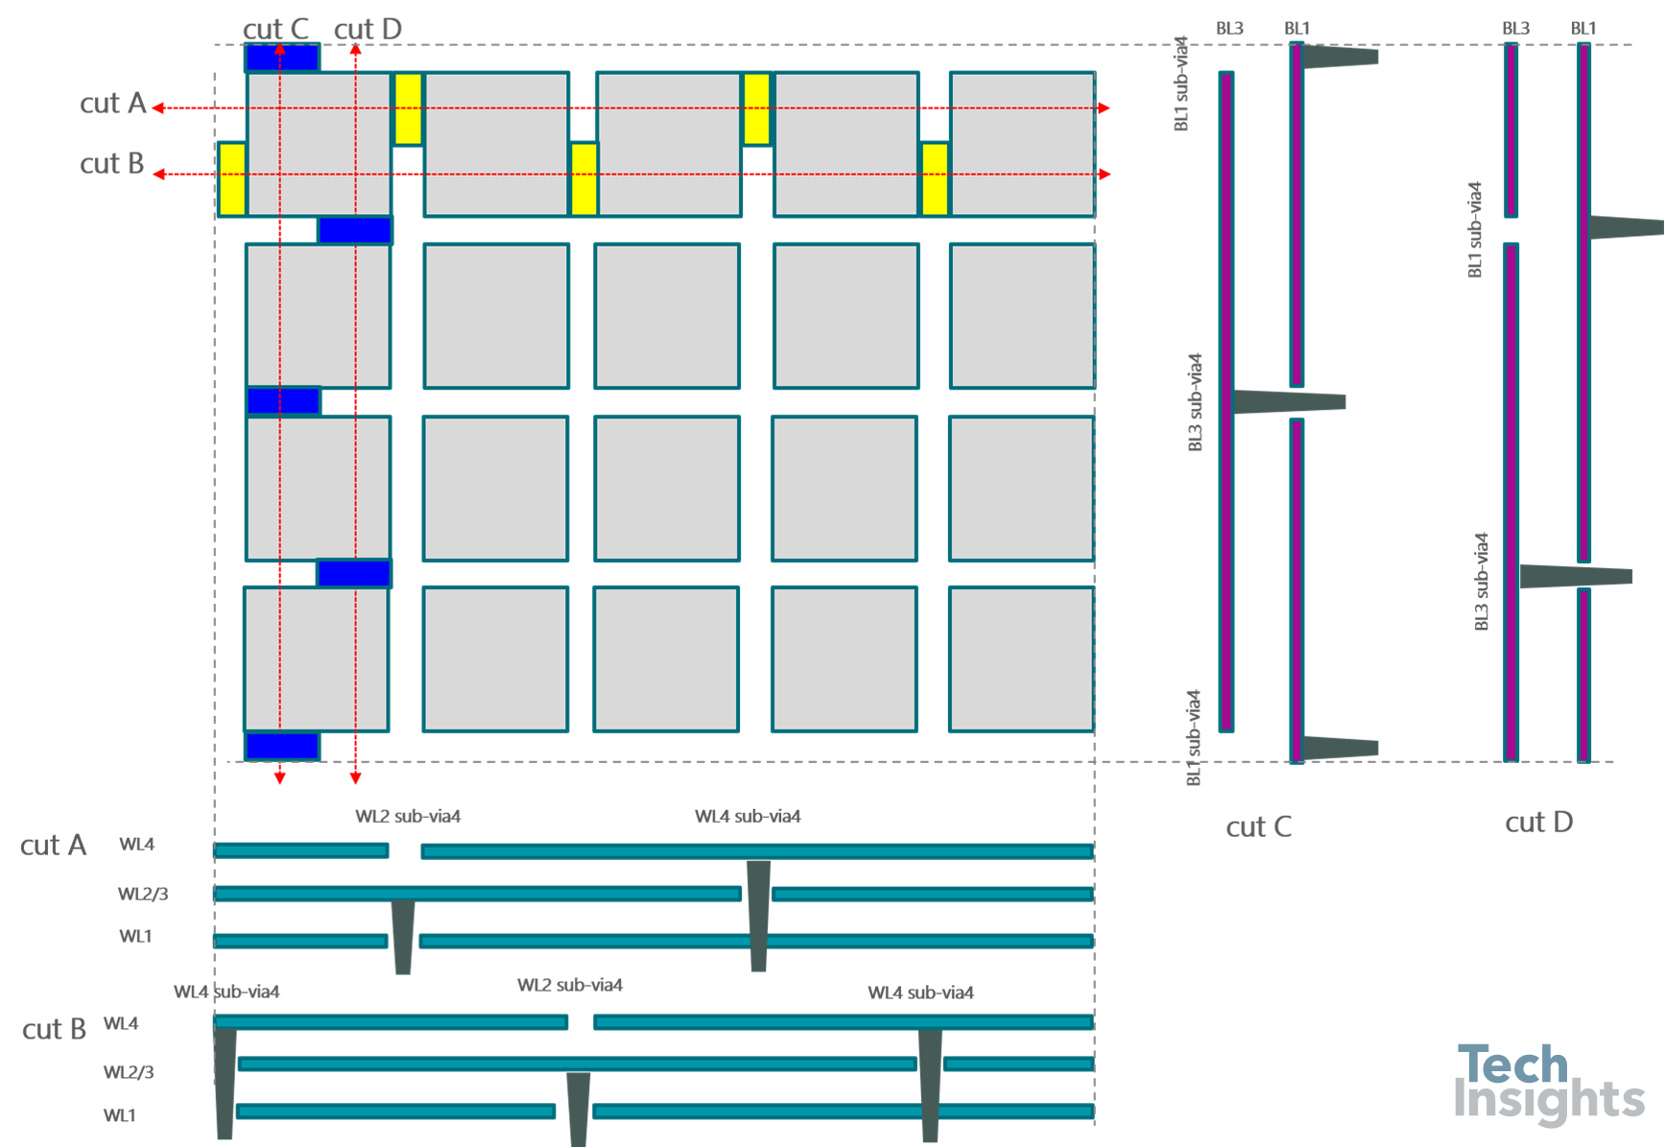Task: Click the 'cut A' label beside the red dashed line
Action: (x=112, y=104)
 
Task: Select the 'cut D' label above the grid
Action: (x=368, y=30)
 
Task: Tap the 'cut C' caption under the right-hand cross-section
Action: (x=1258, y=827)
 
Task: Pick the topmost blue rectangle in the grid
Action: (x=281, y=58)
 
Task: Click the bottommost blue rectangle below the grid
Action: (x=282, y=746)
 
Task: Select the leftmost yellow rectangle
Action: (x=232, y=179)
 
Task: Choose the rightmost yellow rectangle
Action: (x=935, y=179)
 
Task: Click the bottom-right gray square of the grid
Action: (x=1021, y=659)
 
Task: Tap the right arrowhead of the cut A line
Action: (x=1105, y=108)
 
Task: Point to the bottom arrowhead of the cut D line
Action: (x=355, y=777)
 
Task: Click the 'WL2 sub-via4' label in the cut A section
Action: (x=408, y=817)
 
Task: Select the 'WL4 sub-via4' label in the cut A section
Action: (x=748, y=817)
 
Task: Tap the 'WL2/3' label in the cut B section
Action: (x=129, y=1072)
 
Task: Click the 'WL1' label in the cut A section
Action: (x=135, y=937)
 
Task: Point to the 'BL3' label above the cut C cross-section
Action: (x=1229, y=29)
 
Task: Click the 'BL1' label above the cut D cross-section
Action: (x=1583, y=29)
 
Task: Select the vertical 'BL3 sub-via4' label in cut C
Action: (x=1196, y=402)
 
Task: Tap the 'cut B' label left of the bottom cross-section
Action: (x=54, y=1029)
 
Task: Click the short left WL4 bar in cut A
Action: (x=301, y=850)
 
